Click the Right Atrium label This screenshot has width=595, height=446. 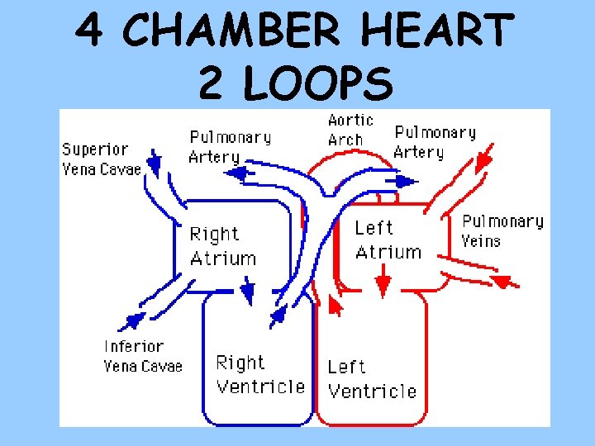(x=222, y=246)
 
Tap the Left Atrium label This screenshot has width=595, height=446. (x=388, y=240)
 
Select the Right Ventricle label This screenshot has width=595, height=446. (x=259, y=374)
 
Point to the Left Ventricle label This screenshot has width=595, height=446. (x=371, y=378)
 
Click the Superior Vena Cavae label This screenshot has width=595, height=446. (x=101, y=159)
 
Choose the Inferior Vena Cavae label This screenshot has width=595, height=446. (x=142, y=356)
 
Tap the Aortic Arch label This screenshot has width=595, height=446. (x=350, y=130)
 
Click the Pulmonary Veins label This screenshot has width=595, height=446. (x=502, y=230)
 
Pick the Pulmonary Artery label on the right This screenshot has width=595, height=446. (x=435, y=142)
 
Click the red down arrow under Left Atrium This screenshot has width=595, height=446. (x=383, y=286)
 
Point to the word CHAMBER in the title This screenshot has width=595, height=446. (x=231, y=31)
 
